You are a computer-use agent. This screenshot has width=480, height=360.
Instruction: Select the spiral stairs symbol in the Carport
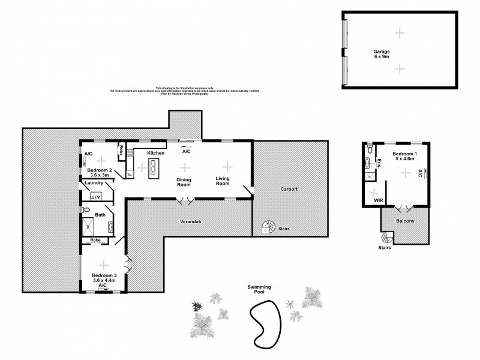(x=267, y=227)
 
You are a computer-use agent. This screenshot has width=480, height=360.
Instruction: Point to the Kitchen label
(x=156, y=154)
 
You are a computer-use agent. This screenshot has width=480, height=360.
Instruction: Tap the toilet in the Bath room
(x=86, y=211)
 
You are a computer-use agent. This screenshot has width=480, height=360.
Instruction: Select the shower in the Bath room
(x=89, y=226)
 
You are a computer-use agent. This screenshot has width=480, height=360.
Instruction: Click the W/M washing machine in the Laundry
(x=95, y=196)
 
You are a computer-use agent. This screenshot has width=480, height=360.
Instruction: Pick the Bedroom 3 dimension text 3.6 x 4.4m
(x=103, y=281)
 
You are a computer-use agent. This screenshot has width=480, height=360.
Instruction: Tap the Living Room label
(x=223, y=181)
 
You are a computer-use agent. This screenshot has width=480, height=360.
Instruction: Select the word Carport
(x=289, y=189)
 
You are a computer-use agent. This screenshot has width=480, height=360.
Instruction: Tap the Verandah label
(x=190, y=221)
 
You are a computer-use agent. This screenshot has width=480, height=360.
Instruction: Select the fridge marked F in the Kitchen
(x=128, y=175)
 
